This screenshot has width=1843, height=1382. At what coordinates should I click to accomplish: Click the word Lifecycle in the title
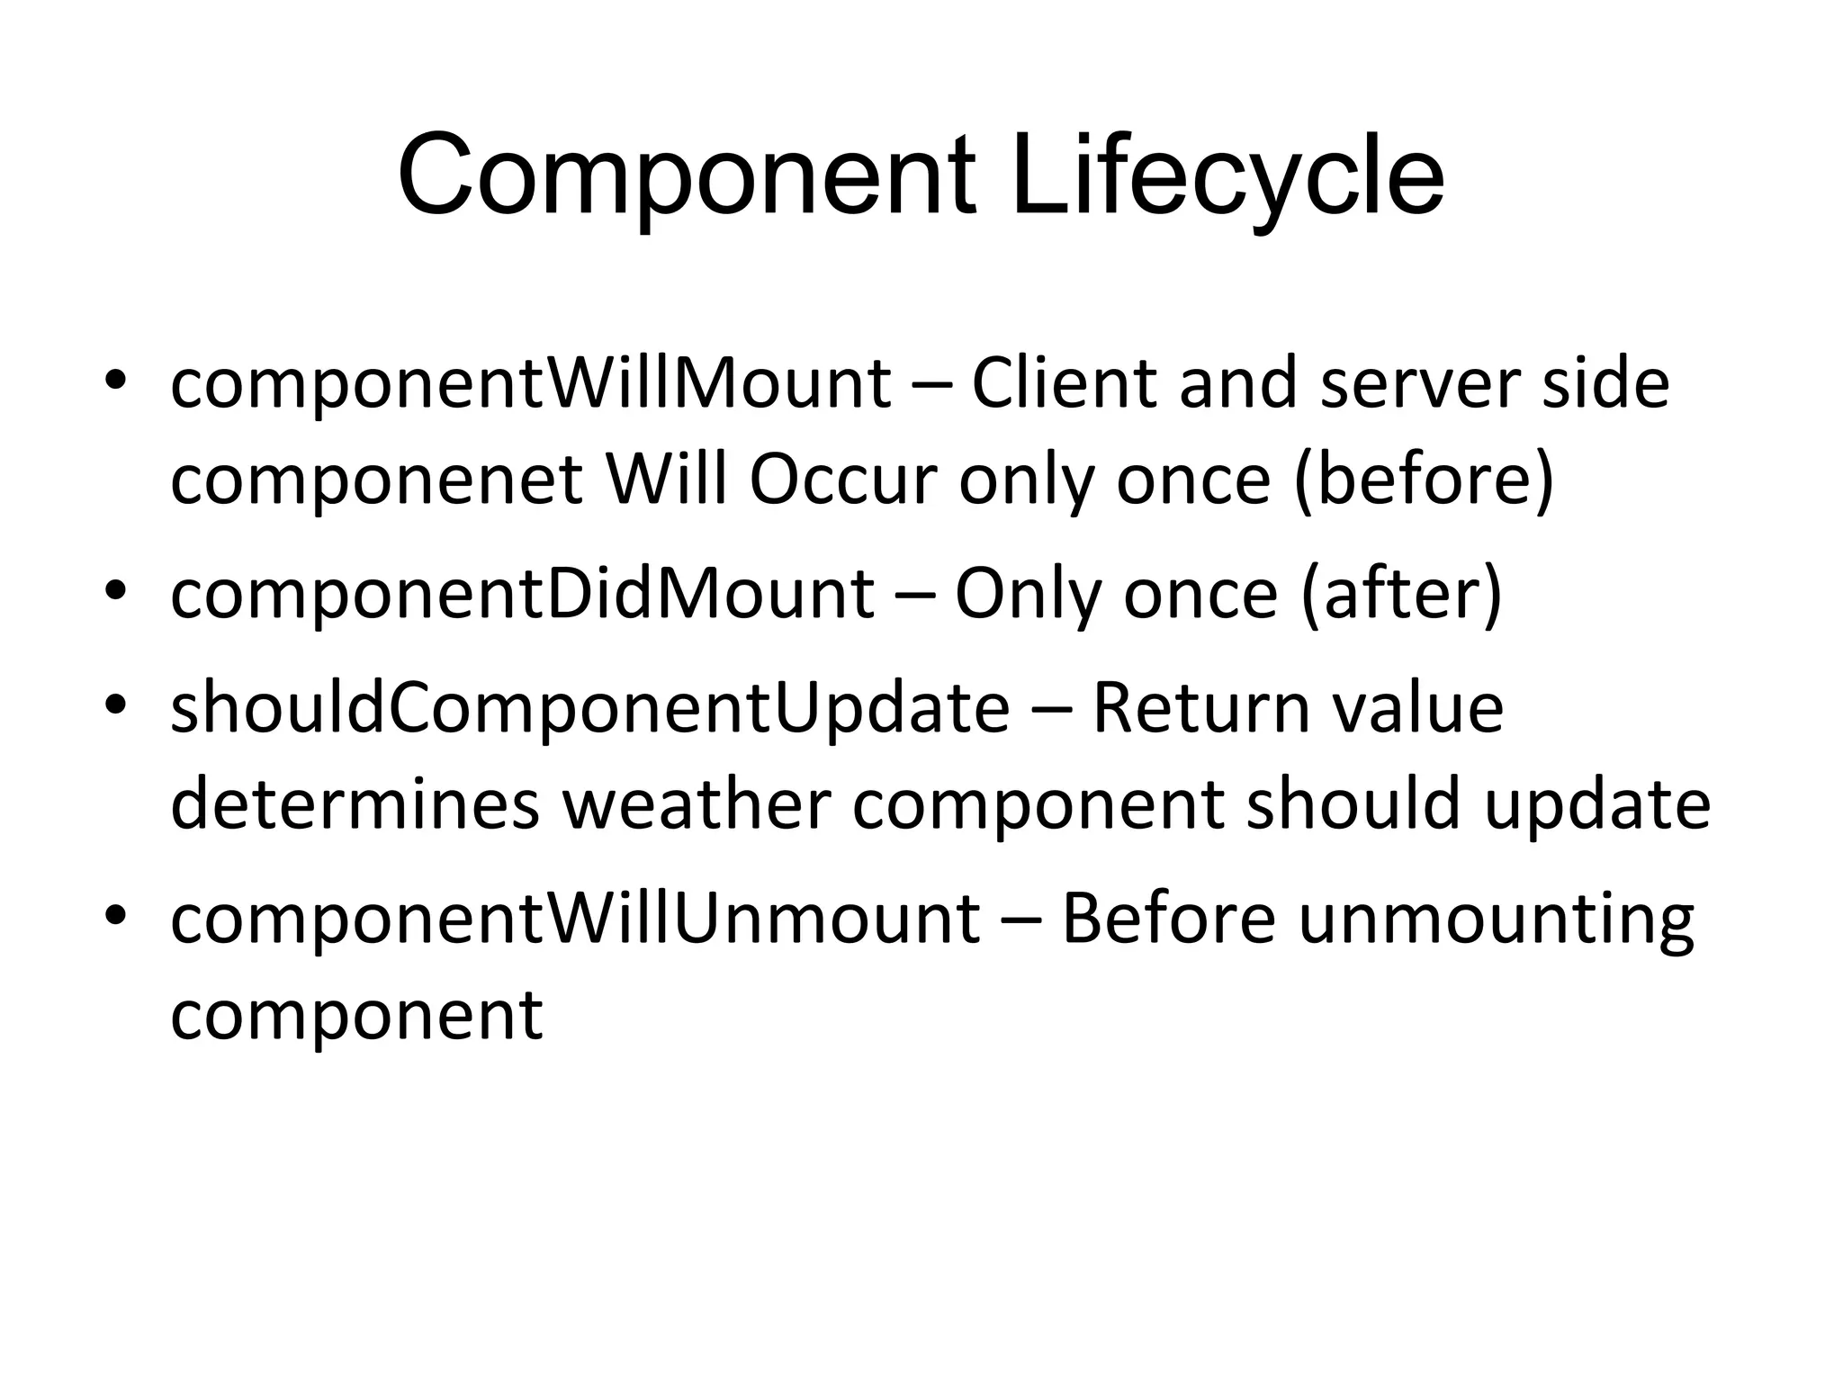tap(1227, 176)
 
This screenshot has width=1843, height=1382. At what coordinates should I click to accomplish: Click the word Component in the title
tap(687, 176)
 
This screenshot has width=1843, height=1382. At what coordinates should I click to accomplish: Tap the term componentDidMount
tap(522, 595)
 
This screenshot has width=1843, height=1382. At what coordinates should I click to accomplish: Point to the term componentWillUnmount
tap(575, 920)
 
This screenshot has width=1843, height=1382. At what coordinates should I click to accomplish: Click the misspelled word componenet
tap(376, 480)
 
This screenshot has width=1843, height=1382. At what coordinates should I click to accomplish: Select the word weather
tap(696, 805)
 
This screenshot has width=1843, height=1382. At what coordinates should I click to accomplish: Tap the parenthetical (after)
tap(1401, 595)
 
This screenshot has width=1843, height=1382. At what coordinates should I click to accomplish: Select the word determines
tap(355, 805)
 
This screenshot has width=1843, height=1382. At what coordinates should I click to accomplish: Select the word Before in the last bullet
tap(1167, 920)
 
